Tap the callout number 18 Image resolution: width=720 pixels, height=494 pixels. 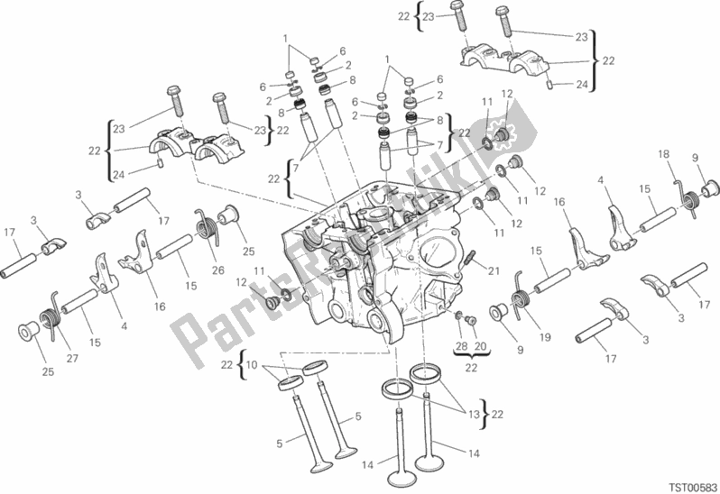coord(663,154)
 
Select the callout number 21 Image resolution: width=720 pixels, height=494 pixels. coord(494,271)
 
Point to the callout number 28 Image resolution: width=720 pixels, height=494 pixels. coord(461,346)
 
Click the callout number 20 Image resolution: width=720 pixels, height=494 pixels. coord(480,346)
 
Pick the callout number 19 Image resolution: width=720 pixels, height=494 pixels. coord(545,337)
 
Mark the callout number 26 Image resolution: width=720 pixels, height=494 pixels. coord(218,270)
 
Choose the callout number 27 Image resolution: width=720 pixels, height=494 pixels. coord(72,358)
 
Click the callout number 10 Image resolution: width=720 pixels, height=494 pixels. coord(252,365)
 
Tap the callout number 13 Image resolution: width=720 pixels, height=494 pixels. coord(474,415)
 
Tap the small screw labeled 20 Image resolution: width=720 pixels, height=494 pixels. coord(471,320)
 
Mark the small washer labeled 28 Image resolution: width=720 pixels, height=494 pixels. coord(458,315)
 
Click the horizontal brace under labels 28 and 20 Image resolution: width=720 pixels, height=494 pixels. coord(472,354)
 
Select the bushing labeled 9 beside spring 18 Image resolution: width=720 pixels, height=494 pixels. coord(711,188)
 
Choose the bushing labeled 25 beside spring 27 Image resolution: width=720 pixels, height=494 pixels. coord(29,332)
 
